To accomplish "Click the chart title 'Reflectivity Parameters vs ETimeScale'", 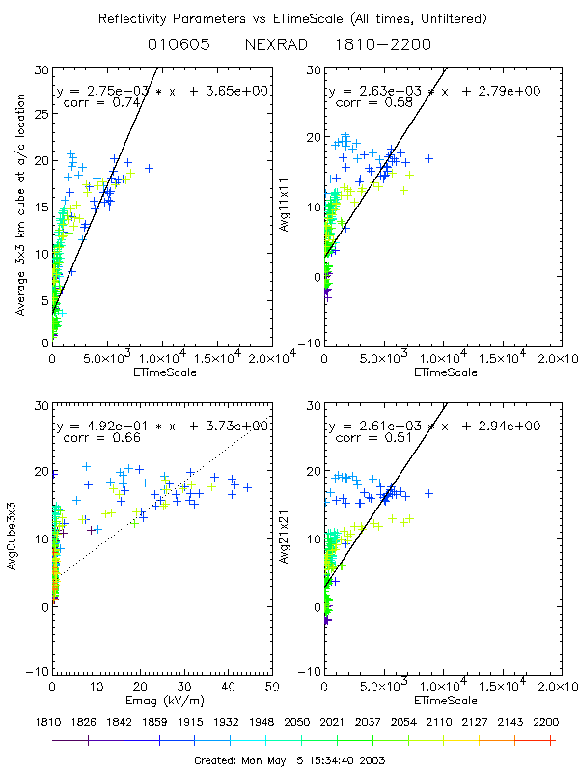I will pyautogui.click(x=289, y=18).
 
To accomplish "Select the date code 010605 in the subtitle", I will pyautogui.click(x=180, y=44).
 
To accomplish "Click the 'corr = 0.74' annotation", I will pyautogui.click(x=96, y=102).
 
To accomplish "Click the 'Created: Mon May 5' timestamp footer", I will pyautogui.click(x=289, y=759).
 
